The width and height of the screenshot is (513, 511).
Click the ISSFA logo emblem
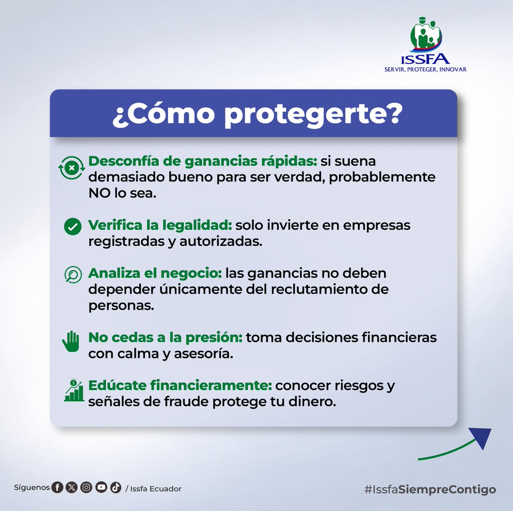(x=426, y=36)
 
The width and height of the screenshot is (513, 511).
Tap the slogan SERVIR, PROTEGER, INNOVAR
(x=425, y=69)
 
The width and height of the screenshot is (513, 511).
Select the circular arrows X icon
(x=71, y=168)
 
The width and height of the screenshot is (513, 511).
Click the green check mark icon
(x=73, y=227)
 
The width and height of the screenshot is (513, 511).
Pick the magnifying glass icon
(x=73, y=275)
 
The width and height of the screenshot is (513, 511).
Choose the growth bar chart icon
(x=74, y=390)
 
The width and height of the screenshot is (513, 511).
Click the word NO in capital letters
(x=99, y=193)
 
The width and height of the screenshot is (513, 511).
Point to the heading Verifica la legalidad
(x=160, y=225)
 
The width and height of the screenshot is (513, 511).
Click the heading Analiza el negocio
(x=155, y=273)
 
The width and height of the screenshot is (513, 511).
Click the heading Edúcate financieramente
(x=180, y=385)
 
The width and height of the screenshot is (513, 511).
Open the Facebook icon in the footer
(x=57, y=487)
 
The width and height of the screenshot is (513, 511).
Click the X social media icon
(x=71, y=487)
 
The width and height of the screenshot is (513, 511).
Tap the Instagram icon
(x=86, y=487)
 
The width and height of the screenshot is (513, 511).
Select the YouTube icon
(x=101, y=487)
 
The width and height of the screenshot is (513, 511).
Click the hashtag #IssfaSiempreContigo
(x=430, y=489)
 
